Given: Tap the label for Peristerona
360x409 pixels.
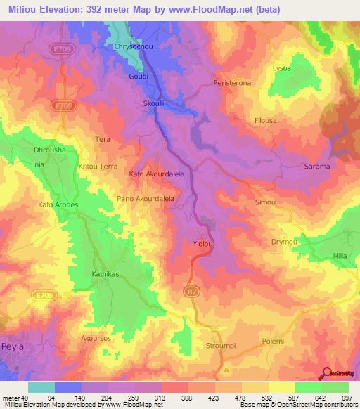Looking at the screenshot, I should tap(231, 83).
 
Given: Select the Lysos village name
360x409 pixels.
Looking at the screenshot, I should tap(281, 68).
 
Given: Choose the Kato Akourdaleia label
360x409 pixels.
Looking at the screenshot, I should tap(157, 173).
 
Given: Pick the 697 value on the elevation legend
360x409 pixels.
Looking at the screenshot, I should tap(347, 398).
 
